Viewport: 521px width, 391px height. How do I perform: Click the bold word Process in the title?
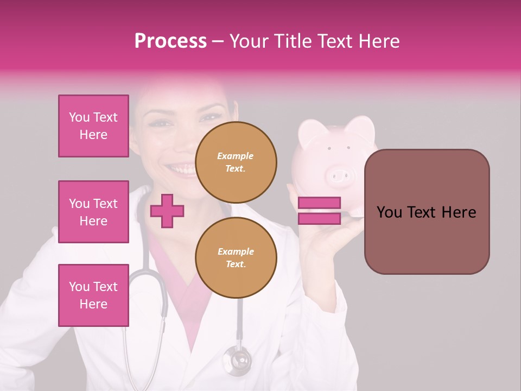click(x=170, y=41)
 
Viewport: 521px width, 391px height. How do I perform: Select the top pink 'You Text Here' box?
click(x=93, y=126)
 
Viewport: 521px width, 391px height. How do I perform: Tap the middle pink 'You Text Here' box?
click(x=93, y=212)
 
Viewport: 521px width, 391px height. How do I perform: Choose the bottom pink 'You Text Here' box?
click(x=93, y=295)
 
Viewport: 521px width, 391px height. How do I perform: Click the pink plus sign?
click(x=167, y=211)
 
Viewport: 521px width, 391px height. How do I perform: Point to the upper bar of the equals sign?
click(x=319, y=203)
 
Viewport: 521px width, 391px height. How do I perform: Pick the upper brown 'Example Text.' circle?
click(x=236, y=162)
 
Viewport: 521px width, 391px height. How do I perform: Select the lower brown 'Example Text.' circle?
click(x=236, y=258)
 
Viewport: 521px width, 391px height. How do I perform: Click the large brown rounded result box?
click(x=427, y=211)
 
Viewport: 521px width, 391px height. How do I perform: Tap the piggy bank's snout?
click(x=340, y=175)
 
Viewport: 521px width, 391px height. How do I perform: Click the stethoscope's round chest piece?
click(x=238, y=359)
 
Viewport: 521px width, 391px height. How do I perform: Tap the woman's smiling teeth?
click(x=181, y=168)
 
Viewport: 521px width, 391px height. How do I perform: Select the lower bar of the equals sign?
click(x=319, y=219)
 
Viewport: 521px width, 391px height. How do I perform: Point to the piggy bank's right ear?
click(x=360, y=128)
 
